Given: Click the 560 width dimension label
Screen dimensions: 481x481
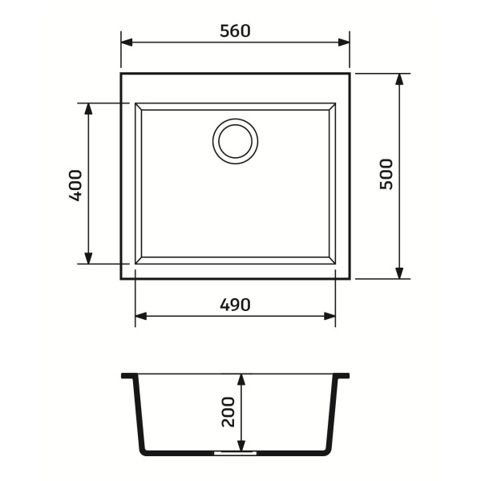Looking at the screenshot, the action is [235, 31].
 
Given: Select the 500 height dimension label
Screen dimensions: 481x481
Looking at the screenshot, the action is [386, 174].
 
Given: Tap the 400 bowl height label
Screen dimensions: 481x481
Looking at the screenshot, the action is [75, 185].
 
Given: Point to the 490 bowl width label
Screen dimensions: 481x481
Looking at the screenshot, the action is [235, 305].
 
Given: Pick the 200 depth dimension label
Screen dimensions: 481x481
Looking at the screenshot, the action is [228, 412].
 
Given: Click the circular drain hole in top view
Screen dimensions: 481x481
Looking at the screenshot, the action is [235, 141].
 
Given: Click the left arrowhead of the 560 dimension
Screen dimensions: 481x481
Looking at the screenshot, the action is [127, 42].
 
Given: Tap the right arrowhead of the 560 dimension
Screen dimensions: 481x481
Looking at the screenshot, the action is [344, 42].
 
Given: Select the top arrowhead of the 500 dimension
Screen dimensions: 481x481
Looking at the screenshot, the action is [399, 79].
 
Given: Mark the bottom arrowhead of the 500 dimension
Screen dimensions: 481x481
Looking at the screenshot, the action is [399, 273].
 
